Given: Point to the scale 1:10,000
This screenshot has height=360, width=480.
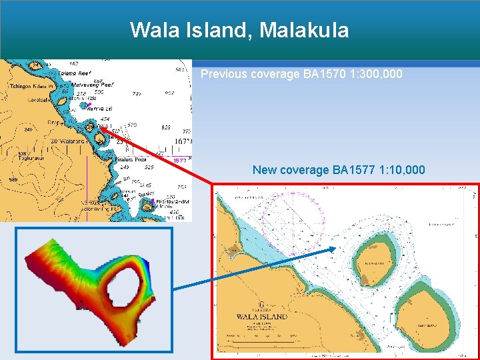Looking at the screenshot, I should pos(399,170).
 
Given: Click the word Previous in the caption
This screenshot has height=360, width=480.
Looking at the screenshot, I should pos(223,74).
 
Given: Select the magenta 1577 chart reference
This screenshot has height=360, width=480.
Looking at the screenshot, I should pos(179,161).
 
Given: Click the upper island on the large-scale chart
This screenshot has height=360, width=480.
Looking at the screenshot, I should pos(372,261).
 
